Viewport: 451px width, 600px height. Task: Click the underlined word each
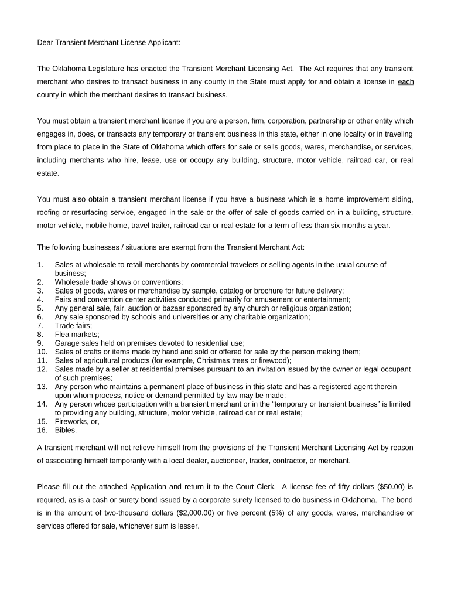point(405,81)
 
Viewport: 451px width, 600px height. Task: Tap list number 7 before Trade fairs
point(40,325)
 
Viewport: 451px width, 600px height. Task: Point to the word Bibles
point(66,430)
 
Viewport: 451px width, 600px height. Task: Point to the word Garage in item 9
point(67,343)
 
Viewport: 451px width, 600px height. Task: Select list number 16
point(42,430)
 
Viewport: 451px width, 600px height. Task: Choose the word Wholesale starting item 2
point(73,282)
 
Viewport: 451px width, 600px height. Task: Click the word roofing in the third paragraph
point(50,212)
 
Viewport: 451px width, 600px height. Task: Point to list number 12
point(42,369)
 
